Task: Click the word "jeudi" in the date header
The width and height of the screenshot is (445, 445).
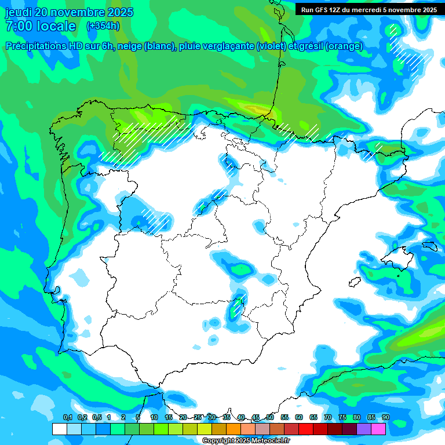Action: [19, 12]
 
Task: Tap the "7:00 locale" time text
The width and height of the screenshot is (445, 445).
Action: [41, 26]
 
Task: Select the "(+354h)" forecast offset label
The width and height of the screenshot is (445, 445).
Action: [103, 25]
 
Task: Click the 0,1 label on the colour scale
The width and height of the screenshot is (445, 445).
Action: [68, 418]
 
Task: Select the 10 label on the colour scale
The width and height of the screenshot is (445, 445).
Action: [154, 418]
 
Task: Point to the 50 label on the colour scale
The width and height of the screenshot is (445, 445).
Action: [270, 418]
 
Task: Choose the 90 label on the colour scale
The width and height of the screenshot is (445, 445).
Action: [386, 418]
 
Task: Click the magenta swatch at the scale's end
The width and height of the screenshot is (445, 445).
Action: [378, 429]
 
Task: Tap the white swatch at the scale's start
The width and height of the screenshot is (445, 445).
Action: [59, 429]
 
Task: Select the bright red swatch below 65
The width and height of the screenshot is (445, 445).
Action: [306, 429]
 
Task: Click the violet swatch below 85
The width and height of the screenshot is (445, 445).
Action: [364, 429]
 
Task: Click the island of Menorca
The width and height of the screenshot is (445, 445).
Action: [429, 246]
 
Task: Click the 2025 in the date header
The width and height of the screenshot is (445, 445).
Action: [120, 12]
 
